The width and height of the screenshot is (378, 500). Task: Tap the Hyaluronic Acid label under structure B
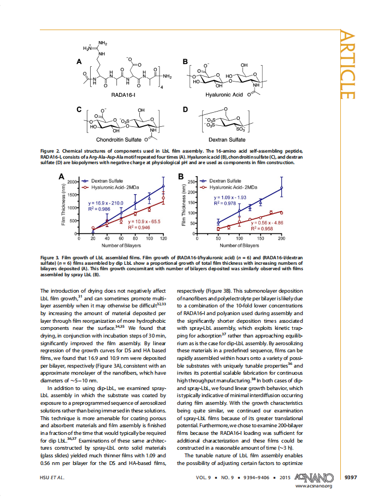224,94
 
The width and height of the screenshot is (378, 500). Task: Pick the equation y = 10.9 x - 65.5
144,222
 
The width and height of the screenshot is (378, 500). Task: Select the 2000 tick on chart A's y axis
73,181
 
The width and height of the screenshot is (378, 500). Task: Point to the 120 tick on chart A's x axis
163,239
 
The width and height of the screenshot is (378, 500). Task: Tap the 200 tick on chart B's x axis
281,239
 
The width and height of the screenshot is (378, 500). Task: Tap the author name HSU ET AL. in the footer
52,477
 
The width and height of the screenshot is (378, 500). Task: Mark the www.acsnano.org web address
314,485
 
